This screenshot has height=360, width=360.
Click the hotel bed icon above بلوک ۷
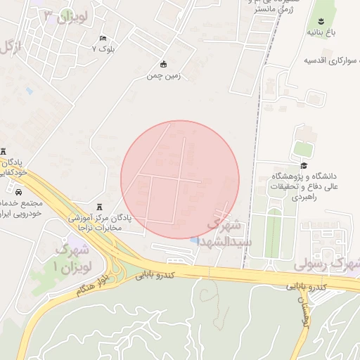point(103,38)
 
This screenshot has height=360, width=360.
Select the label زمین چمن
point(164,75)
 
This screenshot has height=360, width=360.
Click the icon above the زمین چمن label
point(164,64)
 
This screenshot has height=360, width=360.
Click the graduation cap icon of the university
point(304,165)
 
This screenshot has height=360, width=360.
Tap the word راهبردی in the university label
point(316,198)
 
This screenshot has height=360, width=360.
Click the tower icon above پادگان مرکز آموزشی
point(98,207)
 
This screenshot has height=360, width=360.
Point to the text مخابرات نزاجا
point(98,228)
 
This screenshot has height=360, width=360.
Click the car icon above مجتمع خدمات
point(17,191)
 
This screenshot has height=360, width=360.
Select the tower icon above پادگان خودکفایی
point(3,152)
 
